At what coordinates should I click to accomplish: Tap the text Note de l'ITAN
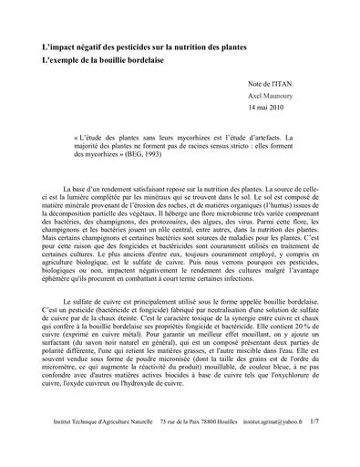pyautogui.click(x=272, y=84)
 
